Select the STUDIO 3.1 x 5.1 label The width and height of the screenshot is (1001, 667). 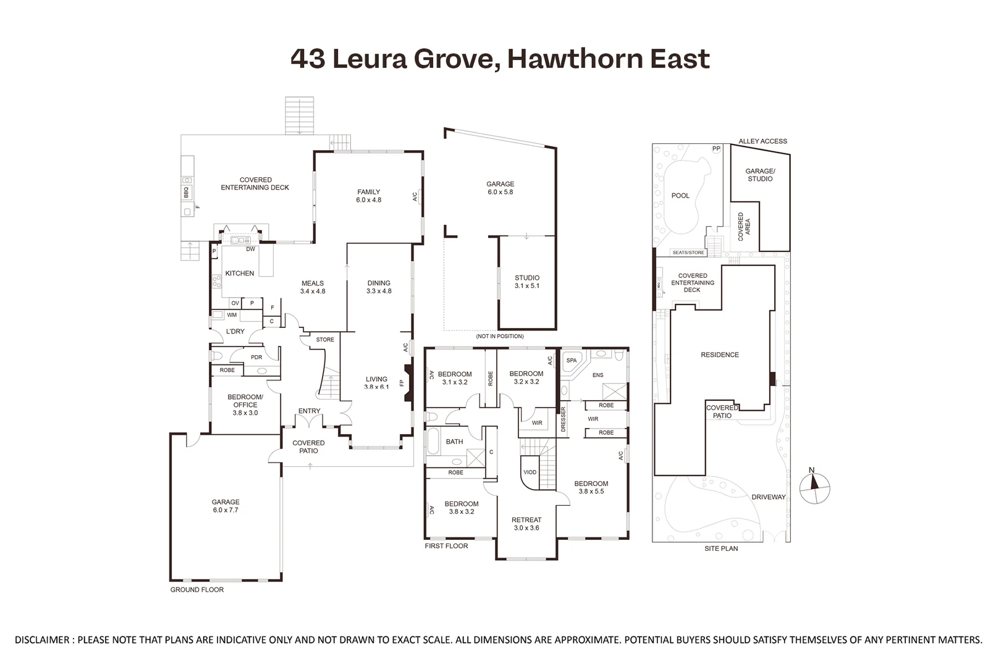click(526, 282)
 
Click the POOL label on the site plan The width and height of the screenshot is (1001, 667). click(680, 196)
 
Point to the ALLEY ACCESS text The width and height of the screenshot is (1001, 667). click(762, 141)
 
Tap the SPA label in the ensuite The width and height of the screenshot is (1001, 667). click(572, 361)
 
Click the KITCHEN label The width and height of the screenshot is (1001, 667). click(240, 274)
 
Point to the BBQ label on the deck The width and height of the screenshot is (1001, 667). click(185, 193)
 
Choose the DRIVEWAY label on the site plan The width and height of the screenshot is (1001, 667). click(768, 497)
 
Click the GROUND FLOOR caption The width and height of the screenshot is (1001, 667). click(197, 590)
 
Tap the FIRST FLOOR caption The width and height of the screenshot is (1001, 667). click(446, 546)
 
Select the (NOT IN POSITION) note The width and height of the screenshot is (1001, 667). click(499, 337)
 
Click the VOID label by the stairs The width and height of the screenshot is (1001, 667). click(530, 472)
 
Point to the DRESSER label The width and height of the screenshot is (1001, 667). click(563, 419)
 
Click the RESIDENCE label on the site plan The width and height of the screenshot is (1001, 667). click(720, 355)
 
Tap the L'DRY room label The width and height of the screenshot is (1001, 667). click(235, 332)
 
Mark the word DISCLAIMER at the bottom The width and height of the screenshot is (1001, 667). click(42, 640)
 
